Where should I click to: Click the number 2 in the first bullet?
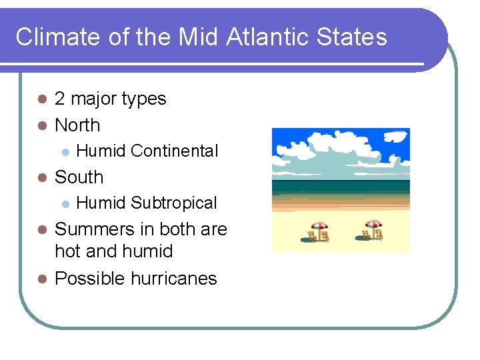(60, 99)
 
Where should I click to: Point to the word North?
(77, 125)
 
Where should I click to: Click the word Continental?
(175, 151)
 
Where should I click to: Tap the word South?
(79, 177)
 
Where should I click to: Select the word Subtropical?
(174, 203)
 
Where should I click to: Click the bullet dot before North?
(41, 125)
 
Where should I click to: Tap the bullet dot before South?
(41, 178)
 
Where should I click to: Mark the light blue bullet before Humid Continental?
(65, 152)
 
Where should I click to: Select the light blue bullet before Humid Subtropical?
(65, 204)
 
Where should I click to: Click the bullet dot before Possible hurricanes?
(41, 279)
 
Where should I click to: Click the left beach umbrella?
(319, 226)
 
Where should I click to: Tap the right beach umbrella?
(373, 225)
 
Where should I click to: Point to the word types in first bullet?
(143, 99)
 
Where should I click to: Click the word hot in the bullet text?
(67, 252)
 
